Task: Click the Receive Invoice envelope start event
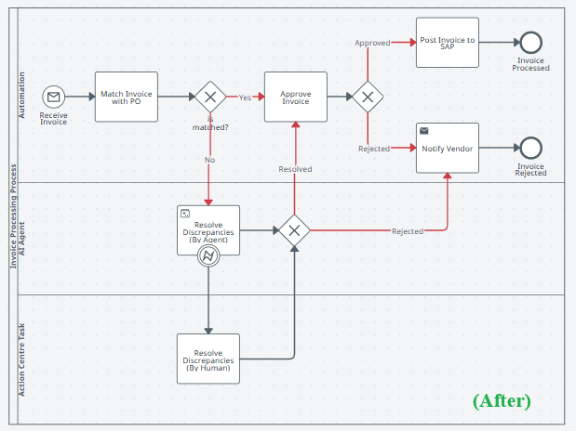(x=53, y=97)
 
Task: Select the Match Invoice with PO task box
(x=127, y=96)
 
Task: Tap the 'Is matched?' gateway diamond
(x=209, y=97)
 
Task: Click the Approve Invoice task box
(x=296, y=96)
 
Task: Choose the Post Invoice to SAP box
(x=447, y=42)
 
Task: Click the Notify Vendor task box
(x=447, y=148)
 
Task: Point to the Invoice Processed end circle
(x=531, y=42)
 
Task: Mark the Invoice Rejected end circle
(x=531, y=148)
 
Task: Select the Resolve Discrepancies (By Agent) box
(x=208, y=229)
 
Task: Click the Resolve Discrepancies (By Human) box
(x=208, y=358)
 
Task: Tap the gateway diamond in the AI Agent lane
(x=294, y=230)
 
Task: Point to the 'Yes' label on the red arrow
(x=245, y=97)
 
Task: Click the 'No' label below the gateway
(x=209, y=160)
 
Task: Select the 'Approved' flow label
(x=371, y=43)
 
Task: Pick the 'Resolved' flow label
(x=295, y=169)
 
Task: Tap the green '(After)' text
(x=502, y=400)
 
